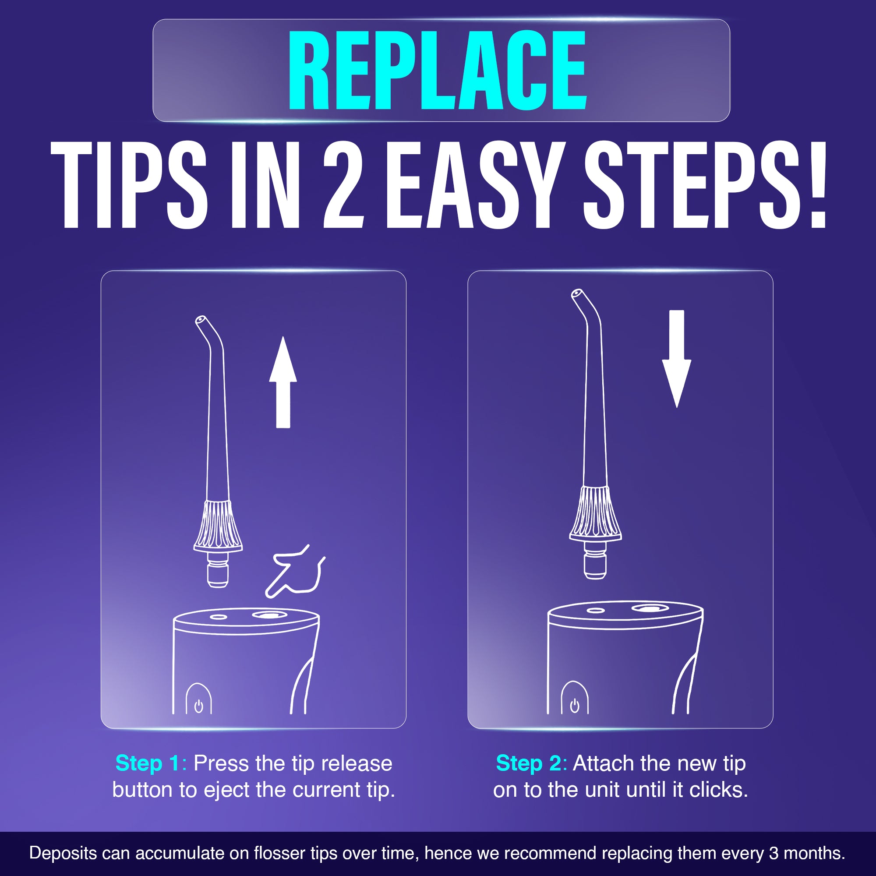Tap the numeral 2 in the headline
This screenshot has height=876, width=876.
[343, 184]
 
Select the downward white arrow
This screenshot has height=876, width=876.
[677, 358]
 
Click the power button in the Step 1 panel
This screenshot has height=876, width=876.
[198, 706]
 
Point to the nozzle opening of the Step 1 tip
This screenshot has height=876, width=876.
[200, 320]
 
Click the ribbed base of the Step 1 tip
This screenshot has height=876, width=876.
[218, 526]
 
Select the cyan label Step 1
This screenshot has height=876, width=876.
[148, 763]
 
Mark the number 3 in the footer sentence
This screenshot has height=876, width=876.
[774, 853]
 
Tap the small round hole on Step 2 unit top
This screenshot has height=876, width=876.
[595, 610]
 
